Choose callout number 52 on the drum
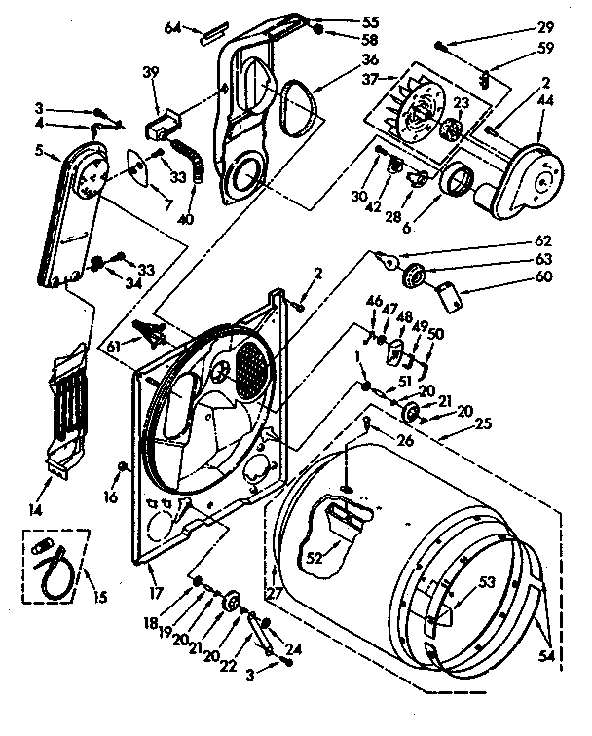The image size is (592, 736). point(314,558)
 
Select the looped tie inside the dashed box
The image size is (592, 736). point(54,568)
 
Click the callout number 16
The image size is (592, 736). point(110,497)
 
